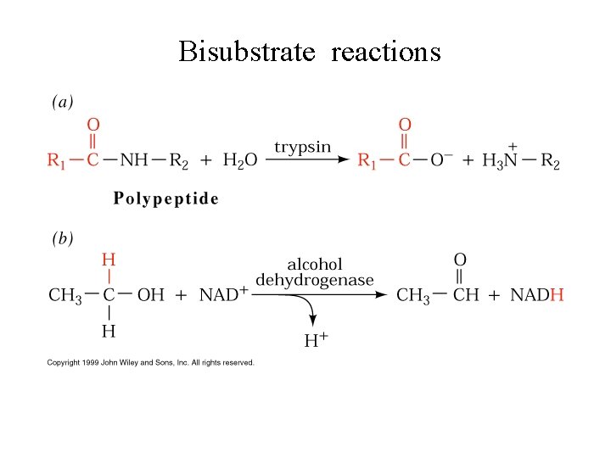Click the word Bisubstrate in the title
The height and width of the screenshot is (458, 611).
pyautogui.click(x=247, y=53)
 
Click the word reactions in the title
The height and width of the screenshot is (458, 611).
pyautogui.click(x=386, y=53)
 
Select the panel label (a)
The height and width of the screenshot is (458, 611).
pyautogui.click(x=63, y=102)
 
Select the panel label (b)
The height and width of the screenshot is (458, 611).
pyautogui.click(x=63, y=238)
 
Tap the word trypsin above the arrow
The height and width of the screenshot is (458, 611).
pyautogui.click(x=303, y=146)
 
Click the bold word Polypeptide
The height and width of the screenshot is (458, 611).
pyautogui.click(x=166, y=199)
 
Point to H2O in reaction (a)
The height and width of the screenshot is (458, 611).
pyautogui.click(x=239, y=160)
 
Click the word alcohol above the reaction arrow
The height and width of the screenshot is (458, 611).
pyautogui.click(x=315, y=265)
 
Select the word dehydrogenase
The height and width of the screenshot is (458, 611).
pyautogui.click(x=315, y=280)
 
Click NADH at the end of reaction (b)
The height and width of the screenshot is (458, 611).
pyautogui.click(x=535, y=295)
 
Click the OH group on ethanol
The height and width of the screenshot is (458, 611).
pyautogui.click(x=151, y=295)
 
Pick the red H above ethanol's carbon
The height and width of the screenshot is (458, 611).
pyautogui.click(x=109, y=258)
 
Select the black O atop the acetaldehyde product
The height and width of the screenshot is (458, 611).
pyautogui.click(x=460, y=259)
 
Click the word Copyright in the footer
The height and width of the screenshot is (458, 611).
pyautogui.click(x=63, y=362)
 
